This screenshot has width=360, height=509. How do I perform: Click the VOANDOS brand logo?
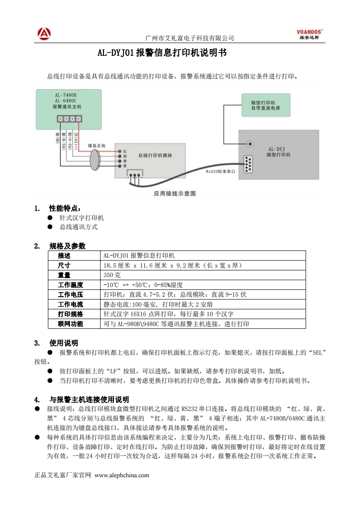click(309, 34)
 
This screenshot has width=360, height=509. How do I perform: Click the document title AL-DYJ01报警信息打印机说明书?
click(162, 53)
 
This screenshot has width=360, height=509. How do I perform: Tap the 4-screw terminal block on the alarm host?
click(69, 119)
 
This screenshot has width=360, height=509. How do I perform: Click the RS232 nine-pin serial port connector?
click(248, 164)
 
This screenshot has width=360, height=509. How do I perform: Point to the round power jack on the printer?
click(250, 144)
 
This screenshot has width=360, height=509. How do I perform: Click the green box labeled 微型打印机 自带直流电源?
click(265, 105)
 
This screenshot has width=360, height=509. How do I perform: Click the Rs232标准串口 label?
click(220, 171)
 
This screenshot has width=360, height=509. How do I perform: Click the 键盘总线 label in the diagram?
click(96, 146)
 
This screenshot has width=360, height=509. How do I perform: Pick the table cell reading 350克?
click(112, 275)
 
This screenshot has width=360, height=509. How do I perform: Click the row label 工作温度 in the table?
click(70, 285)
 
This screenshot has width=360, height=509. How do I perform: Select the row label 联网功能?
click(70, 324)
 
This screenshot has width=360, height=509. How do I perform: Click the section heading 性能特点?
click(65, 209)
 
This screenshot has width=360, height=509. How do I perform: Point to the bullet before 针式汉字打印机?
click(50, 218)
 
